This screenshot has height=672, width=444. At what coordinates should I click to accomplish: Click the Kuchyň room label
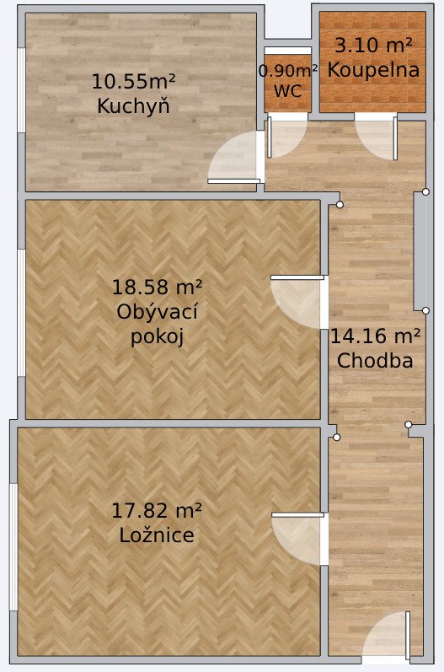point(133,106)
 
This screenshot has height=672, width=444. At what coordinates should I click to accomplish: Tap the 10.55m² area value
point(134,82)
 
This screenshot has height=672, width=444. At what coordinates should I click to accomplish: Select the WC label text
point(288,91)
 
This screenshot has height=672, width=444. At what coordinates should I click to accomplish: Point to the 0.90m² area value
point(288,71)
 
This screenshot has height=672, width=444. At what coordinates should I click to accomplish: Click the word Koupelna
point(373,70)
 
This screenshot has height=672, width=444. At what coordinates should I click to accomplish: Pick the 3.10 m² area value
point(373,45)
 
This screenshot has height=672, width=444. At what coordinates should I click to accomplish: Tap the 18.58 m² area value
point(157,287)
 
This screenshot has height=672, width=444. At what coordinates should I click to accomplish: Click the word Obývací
point(157,312)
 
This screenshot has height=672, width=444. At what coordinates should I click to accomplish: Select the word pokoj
point(157,337)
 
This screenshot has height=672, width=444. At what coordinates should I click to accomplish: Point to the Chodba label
point(375,361)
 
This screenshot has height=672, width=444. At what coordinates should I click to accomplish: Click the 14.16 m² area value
point(375,336)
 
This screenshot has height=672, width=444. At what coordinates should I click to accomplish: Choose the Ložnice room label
point(157,535)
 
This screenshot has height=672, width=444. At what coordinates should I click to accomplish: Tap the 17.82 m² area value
point(157,510)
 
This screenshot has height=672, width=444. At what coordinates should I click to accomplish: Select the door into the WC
point(286,137)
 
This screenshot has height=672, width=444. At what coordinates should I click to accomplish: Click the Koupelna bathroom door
point(376,137)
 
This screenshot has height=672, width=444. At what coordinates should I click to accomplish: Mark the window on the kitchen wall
point(21,90)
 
